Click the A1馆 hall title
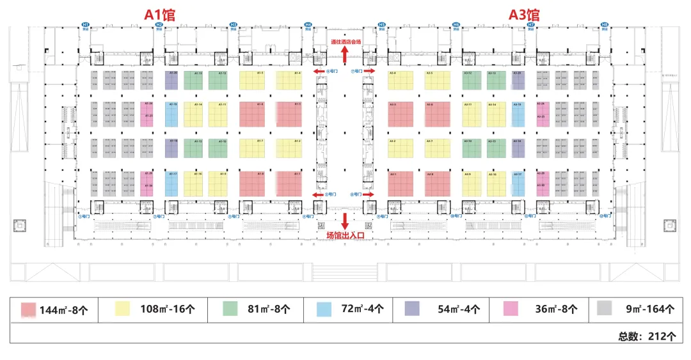click(x=160, y=14)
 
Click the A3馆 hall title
click(x=524, y=14)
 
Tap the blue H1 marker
click(x=85, y=25)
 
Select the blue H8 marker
click(x=605, y=25)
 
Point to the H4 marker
click(x=308, y=25)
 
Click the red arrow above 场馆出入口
click(x=345, y=221)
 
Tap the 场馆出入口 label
click(x=345, y=235)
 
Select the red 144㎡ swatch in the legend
click(x=29, y=309)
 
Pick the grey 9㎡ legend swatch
click(x=604, y=309)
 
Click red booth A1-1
click(x=289, y=184)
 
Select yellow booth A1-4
click(x=289, y=81)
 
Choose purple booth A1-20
click(x=171, y=81)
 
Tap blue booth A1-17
click(x=171, y=184)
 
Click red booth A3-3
click(x=401, y=114)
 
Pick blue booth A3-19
click(x=518, y=114)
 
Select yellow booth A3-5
click(x=438, y=81)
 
